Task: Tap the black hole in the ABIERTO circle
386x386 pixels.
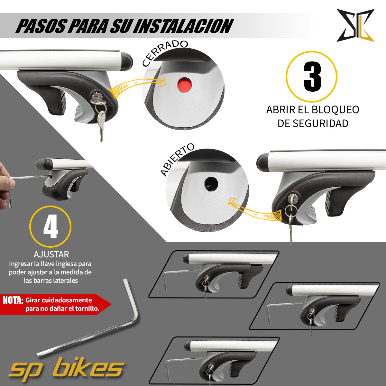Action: (x=211, y=184)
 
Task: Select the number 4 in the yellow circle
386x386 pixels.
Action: (x=51, y=227)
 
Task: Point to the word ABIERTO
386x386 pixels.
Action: (x=177, y=160)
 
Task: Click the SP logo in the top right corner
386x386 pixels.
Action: (x=355, y=26)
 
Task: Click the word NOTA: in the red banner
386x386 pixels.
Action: (x=13, y=300)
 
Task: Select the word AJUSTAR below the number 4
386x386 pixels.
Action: (x=51, y=254)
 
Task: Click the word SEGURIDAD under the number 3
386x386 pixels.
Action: (x=313, y=123)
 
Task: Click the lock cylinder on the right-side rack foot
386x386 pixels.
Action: (x=293, y=198)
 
